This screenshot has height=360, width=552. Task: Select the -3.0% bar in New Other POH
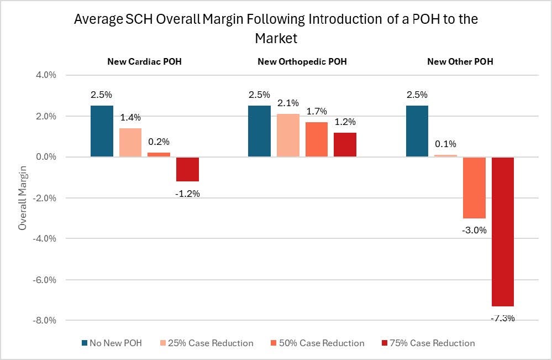474,187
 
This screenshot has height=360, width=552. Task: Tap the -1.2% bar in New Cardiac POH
187,169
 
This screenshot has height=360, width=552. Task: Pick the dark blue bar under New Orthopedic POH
259,131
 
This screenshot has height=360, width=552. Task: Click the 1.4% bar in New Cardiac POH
130,143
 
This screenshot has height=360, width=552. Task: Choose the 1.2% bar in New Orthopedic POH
345,145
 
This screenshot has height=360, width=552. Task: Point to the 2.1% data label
288,103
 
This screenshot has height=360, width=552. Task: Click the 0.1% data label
445,144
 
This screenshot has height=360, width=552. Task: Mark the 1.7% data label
317,111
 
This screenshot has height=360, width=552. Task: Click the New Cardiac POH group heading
144,61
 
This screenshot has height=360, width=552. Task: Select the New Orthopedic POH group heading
302,61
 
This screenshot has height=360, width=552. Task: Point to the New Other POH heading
460,61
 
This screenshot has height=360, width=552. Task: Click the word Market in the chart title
276,39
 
